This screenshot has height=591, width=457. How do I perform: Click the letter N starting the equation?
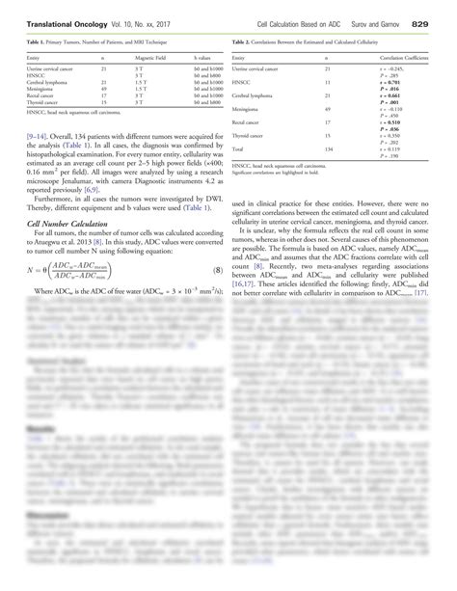click(31, 270)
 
